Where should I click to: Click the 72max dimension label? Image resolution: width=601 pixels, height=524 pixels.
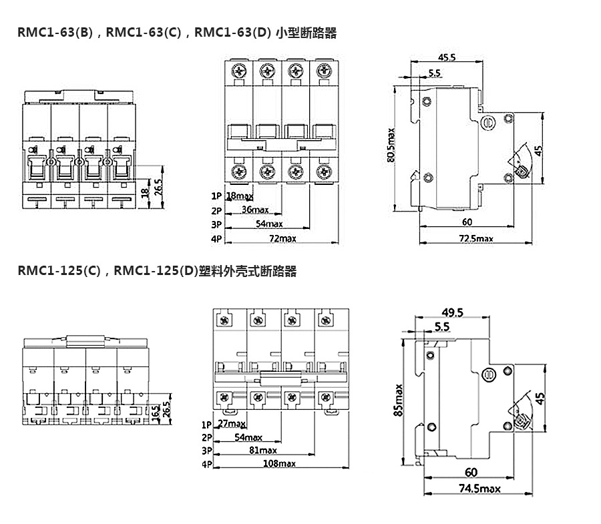282,238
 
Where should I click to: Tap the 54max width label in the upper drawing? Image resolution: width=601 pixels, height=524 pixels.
269,224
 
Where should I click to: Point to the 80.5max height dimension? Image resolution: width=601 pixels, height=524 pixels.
392,144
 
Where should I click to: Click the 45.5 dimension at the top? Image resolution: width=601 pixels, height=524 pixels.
447,57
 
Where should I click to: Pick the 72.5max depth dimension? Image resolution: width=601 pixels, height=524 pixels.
475,238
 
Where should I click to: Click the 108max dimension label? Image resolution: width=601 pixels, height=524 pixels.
280,464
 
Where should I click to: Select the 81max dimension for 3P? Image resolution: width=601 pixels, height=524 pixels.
262,451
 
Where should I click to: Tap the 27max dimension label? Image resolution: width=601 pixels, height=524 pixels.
232,424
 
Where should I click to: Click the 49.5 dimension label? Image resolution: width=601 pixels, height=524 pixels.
452,312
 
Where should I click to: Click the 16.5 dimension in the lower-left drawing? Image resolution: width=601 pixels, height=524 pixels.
155,411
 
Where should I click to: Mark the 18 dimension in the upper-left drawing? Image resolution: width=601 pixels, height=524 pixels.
145,194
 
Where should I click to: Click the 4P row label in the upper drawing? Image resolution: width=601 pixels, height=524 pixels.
216,238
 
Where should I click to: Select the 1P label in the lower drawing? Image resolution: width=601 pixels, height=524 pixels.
206,425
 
